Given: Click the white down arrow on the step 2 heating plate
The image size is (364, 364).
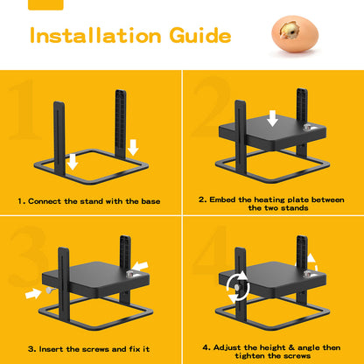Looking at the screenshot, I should tap(273, 117).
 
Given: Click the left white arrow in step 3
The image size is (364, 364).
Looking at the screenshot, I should tap(32, 294).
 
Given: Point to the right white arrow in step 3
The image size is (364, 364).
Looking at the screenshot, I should tap(140, 263).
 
